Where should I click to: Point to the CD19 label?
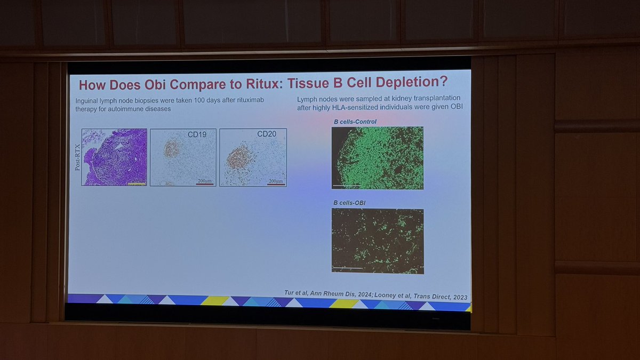(x=197, y=134)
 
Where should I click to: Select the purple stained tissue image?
(x=114, y=157)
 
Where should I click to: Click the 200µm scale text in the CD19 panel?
(x=204, y=181)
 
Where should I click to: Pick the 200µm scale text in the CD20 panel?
(x=275, y=181)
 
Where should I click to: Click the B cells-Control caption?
(x=355, y=122)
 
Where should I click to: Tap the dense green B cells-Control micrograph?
(x=377, y=158)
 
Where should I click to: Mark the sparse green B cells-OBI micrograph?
(x=377, y=241)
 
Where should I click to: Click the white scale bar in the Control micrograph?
(x=347, y=186)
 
